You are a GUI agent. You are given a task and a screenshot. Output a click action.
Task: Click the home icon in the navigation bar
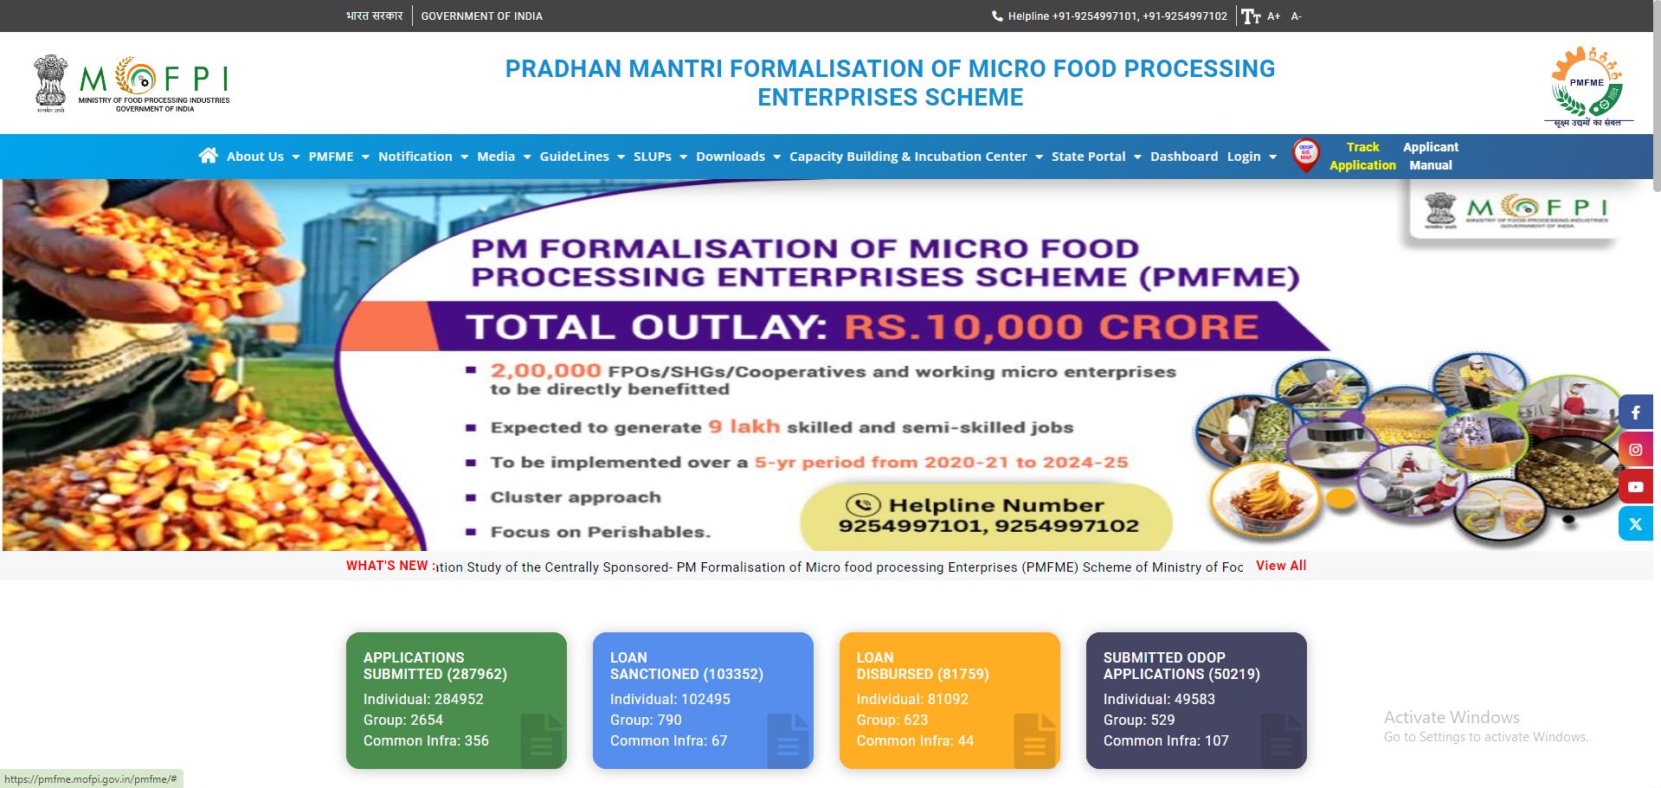pyautogui.click(x=208, y=156)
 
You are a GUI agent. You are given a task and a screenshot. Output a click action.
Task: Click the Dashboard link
pyautogui.click(x=1183, y=157)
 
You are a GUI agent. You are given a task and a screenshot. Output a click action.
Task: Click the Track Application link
pyautogui.click(x=1362, y=157)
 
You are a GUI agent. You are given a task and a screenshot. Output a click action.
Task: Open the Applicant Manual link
pyautogui.click(x=1430, y=157)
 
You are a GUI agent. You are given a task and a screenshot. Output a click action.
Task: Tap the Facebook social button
pyautogui.click(x=1635, y=413)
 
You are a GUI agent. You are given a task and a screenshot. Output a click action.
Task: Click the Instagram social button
pyautogui.click(x=1635, y=450)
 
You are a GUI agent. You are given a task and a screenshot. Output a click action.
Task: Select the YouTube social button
pyautogui.click(x=1635, y=487)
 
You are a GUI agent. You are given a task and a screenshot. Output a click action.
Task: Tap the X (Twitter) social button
pyautogui.click(x=1635, y=524)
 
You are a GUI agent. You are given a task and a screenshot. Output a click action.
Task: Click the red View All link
pyautogui.click(x=1281, y=566)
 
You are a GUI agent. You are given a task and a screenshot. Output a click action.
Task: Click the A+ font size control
pyautogui.click(x=1273, y=16)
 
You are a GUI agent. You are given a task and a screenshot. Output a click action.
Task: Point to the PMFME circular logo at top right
pyautogui.click(x=1587, y=83)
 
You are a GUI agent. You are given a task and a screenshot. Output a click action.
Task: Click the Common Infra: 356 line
pyautogui.click(x=426, y=741)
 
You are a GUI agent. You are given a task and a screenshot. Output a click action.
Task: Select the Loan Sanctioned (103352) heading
pyautogui.click(x=686, y=666)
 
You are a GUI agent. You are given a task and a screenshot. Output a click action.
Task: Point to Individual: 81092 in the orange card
pyautogui.click(x=912, y=700)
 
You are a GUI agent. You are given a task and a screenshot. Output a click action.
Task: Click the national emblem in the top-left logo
pyautogui.click(x=51, y=82)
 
